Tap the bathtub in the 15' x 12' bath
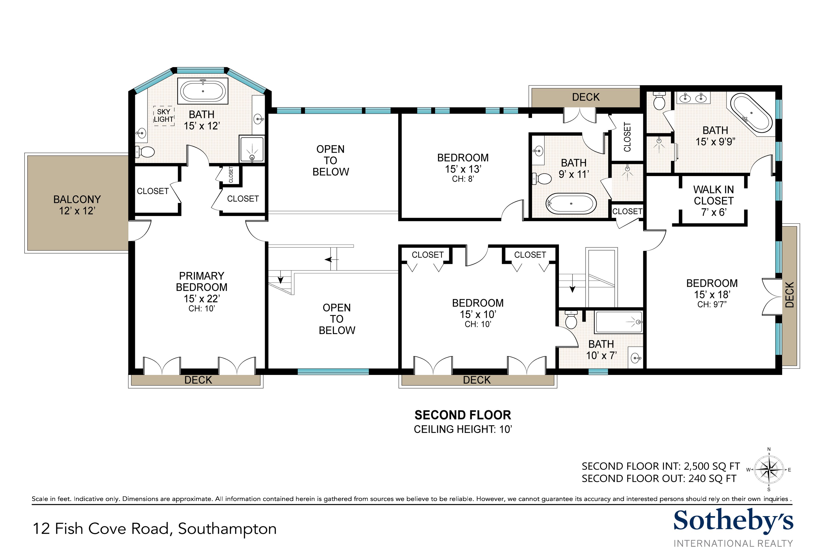click(203, 91)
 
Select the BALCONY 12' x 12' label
click(77, 205)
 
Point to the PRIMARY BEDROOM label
click(201, 281)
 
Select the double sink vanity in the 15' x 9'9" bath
click(693, 97)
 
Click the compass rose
click(769, 469)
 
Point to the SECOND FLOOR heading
click(462, 415)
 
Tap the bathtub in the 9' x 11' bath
click(571, 203)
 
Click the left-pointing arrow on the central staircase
click(329, 260)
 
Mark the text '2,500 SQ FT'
click(712, 466)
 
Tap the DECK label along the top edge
click(586, 97)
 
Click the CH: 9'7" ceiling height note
click(712, 304)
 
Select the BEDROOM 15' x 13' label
click(463, 163)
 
